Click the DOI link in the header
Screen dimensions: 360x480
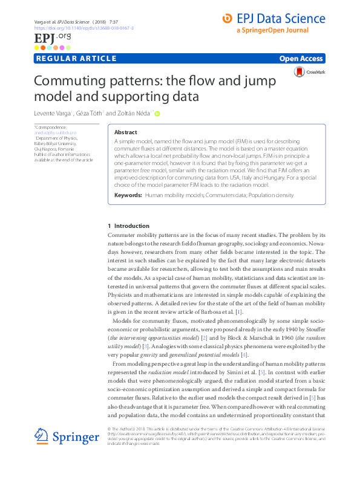click(x=84, y=28)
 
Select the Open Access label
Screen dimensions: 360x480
click(x=301, y=59)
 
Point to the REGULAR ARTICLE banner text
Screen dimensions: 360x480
click(x=76, y=59)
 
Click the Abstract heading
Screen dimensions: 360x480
click(x=126, y=132)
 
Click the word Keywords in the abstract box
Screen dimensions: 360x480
click(x=128, y=196)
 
